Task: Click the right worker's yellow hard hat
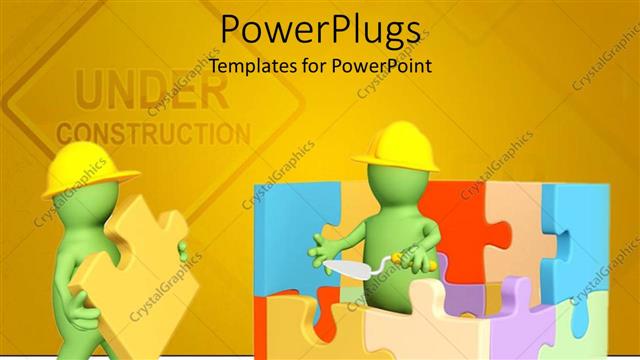396,145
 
